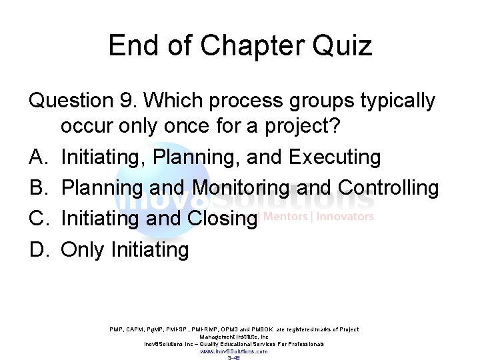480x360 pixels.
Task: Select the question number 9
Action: coord(126,101)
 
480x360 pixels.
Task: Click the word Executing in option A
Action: coord(335,157)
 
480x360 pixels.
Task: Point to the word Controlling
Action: coord(389,188)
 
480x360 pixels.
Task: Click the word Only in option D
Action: coord(83,250)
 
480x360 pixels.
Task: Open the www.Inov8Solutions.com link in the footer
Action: coord(233,351)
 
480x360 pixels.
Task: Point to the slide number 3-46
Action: coord(233,357)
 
